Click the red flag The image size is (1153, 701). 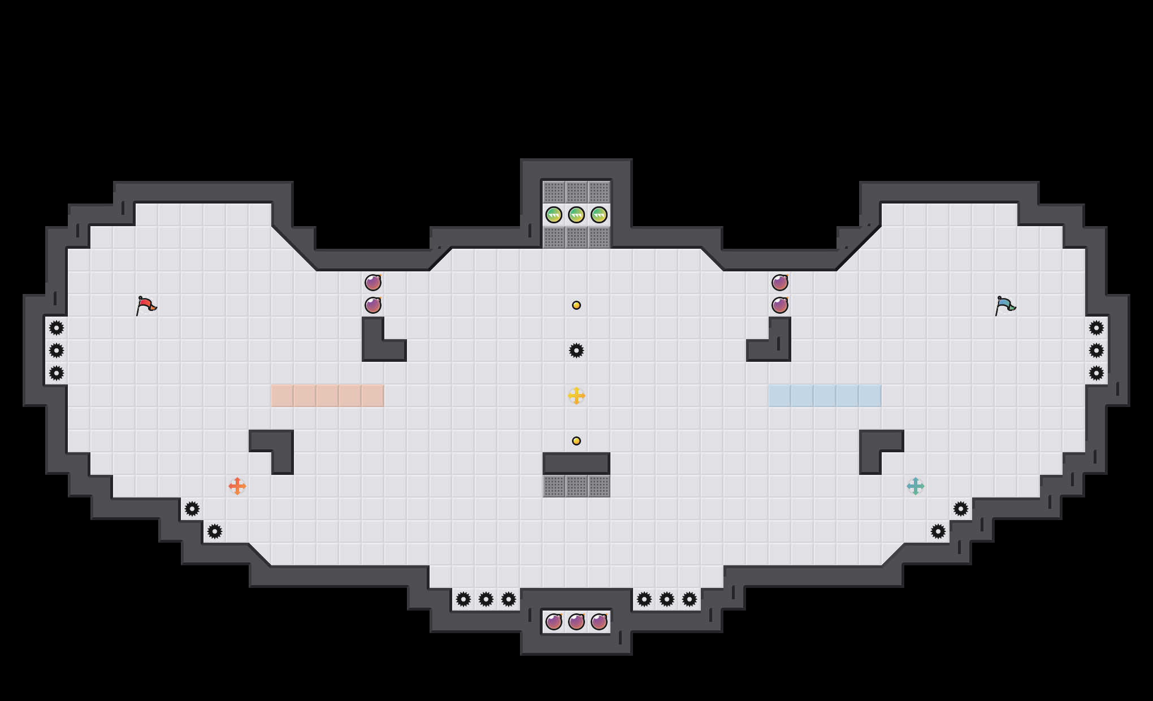(x=146, y=305)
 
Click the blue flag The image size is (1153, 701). (x=1005, y=305)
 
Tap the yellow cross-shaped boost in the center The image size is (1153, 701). (x=576, y=396)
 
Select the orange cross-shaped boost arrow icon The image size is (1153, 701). (x=237, y=486)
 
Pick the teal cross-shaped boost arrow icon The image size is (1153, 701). (x=916, y=486)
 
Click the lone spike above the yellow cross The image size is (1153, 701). (x=576, y=350)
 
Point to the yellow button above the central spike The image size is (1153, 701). (x=576, y=305)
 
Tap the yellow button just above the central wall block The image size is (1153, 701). (x=576, y=441)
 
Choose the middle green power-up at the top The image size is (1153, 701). (x=576, y=215)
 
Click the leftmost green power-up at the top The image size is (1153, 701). (x=554, y=215)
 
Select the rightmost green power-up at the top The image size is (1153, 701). (x=599, y=215)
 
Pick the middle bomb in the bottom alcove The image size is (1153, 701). (x=576, y=622)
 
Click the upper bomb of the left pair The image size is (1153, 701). (x=373, y=282)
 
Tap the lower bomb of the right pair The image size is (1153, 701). (x=780, y=305)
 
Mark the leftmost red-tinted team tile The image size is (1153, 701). (x=283, y=396)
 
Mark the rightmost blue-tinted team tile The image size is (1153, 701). (x=870, y=396)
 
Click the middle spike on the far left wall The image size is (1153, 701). (x=57, y=350)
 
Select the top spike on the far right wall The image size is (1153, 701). (x=1096, y=328)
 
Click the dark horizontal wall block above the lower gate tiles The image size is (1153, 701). (x=576, y=464)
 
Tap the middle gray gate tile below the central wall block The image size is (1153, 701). (x=576, y=486)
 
